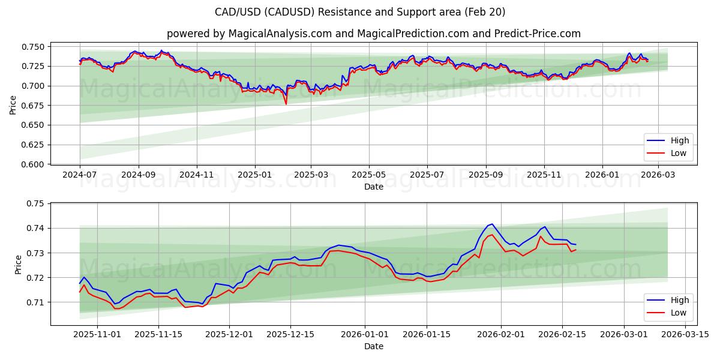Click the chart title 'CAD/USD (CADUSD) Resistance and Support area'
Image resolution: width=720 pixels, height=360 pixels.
pyautogui.click(x=360, y=12)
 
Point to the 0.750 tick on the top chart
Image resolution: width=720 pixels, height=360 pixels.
pyautogui.click(x=34, y=47)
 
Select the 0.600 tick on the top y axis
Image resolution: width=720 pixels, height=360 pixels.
pyautogui.click(x=34, y=164)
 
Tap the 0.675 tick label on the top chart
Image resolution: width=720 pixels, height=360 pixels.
pyautogui.click(x=34, y=106)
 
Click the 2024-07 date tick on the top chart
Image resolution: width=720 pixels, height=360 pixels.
pyautogui.click(x=80, y=175)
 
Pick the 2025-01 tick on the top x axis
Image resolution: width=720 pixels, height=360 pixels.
pyautogui.click(x=255, y=175)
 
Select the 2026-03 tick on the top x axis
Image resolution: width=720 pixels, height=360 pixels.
pyautogui.click(x=659, y=175)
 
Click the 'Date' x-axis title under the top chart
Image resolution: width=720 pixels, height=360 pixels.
pyautogui.click(x=373, y=187)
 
